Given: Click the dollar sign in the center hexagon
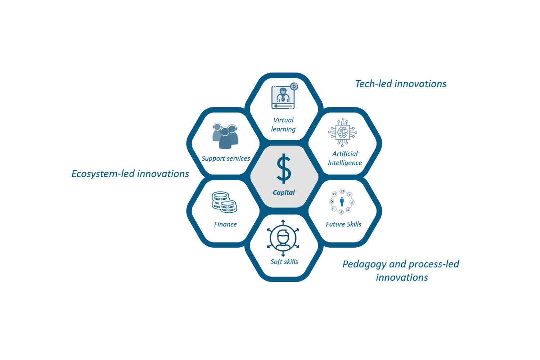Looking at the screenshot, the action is point(284,168).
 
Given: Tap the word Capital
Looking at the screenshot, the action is point(284,193).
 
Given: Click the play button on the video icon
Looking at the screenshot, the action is point(294,86).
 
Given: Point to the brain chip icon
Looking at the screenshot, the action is point(343,132).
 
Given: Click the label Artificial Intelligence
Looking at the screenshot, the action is point(345,158).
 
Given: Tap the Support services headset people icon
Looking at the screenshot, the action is point(225,136).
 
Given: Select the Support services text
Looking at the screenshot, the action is point(226,159).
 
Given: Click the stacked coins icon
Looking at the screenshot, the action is point(224,202).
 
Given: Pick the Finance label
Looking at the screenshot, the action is point(225,225).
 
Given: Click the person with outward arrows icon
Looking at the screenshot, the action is point(283,238).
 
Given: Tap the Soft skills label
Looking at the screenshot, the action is point(284,262).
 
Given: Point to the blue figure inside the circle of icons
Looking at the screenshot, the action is point(342,202).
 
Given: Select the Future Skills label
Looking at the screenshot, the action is point(343,225).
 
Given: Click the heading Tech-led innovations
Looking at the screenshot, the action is point(401,84).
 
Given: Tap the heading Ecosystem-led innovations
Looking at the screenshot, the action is point(130,174).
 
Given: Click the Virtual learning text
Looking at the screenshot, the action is point(284,125).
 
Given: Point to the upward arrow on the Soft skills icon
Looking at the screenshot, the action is point(283,222).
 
